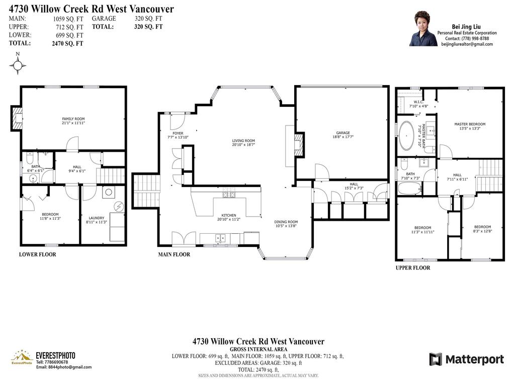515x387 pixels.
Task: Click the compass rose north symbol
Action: click(x=18, y=64)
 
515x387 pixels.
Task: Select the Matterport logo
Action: click(x=466, y=359)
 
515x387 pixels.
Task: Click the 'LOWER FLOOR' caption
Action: click(x=37, y=254)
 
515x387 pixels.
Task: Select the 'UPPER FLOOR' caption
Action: click(x=412, y=268)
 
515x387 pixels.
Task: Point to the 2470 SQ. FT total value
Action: click(x=67, y=44)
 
